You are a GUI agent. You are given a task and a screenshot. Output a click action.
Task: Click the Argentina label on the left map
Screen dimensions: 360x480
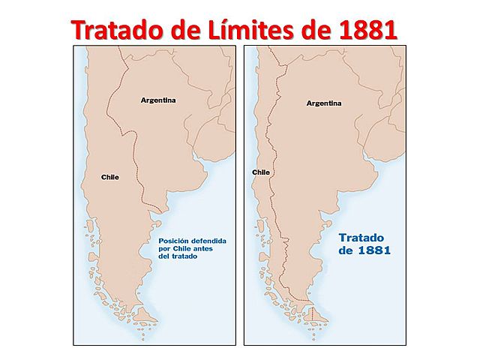(157, 100)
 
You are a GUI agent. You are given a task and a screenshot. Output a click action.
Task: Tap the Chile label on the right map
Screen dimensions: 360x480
(261, 172)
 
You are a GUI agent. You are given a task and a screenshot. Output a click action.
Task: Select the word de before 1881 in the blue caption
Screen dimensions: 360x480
(347, 251)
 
